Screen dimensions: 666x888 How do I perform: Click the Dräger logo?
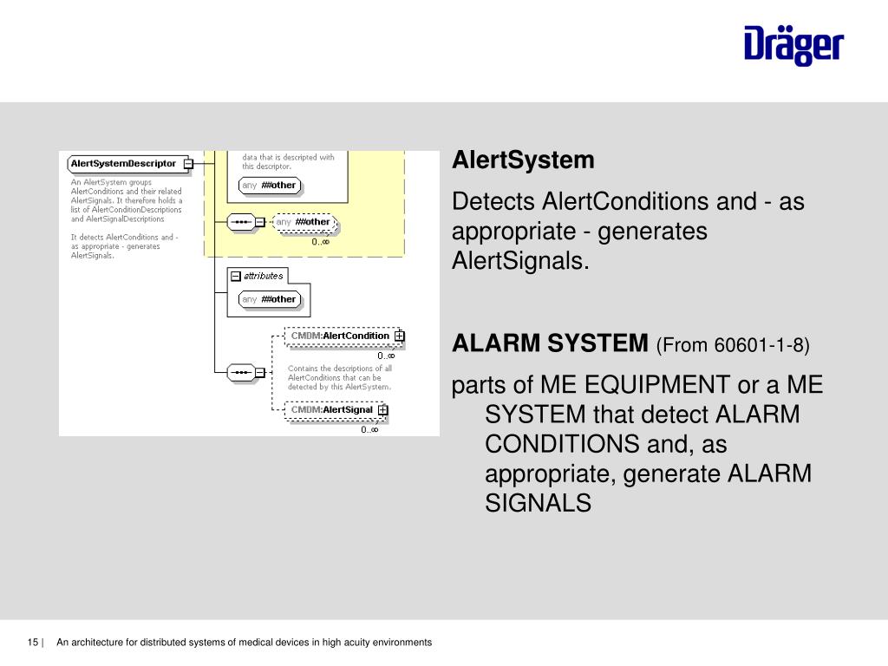click(x=793, y=45)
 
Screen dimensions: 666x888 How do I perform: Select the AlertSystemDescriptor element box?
click(x=124, y=163)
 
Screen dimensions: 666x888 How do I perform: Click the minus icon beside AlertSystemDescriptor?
click(x=188, y=163)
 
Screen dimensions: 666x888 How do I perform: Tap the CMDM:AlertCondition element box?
click(x=340, y=336)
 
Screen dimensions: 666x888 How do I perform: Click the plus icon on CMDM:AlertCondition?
click(x=399, y=336)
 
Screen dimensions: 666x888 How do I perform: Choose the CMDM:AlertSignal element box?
click(x=332, y=410)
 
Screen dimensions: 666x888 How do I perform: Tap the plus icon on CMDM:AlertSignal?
click(x=382, y=410)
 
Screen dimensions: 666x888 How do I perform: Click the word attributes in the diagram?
click(x=263, y=276)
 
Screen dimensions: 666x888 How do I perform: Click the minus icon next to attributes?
click(x=235, y=276)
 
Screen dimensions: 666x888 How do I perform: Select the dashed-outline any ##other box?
click(x=304, y=222)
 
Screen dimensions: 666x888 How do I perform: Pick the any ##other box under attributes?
click(x=269, y=299)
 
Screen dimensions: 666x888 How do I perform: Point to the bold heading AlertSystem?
click(x=523, y=160)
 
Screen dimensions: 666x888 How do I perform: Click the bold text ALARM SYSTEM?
click(x=550, y=344)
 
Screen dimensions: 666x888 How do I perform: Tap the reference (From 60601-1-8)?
click(x=733, y=345)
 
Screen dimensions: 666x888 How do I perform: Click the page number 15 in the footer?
click(x=33, y=643)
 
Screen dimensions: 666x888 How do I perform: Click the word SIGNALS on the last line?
click(x=538, y=503)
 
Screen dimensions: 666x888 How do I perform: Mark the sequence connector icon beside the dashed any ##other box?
click(x=241, y=222)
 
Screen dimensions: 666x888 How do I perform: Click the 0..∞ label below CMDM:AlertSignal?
click(x=369, y=429)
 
